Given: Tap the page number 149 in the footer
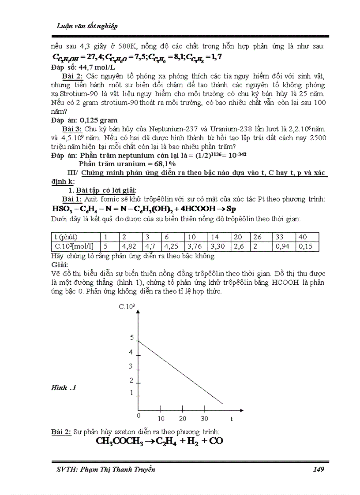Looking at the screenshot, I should click(x=318, y=469).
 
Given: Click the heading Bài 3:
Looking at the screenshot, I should click(x=72, y=129).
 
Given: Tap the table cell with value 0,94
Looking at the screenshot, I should click(x=282, y=246).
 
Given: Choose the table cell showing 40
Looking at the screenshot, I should click(x=303, y=237).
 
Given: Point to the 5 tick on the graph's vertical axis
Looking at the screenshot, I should click(x=131, y=338).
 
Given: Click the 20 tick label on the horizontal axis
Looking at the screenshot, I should click(x=183, y=418).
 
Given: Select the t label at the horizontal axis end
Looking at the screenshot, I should click(x=231, y=418).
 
